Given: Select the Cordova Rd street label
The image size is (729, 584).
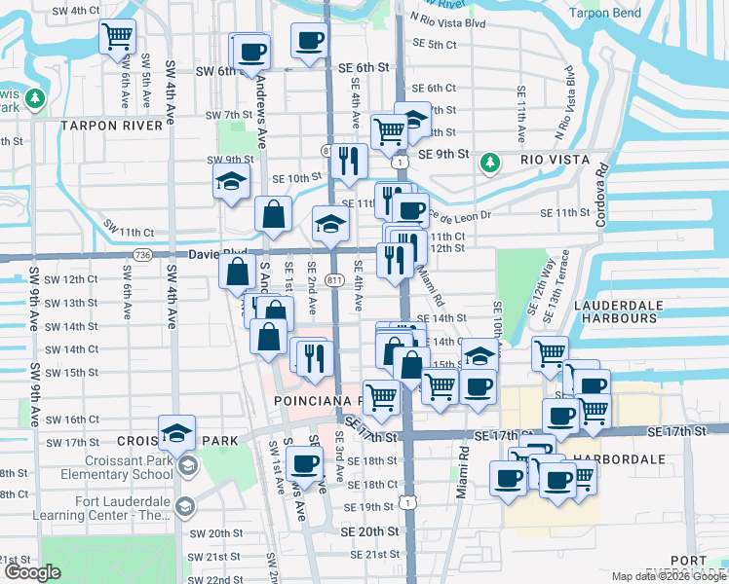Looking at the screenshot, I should coord(601,195).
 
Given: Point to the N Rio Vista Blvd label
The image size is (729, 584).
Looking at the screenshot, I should coord(449,18).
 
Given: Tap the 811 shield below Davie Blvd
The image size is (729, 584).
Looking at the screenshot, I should coord(335,280).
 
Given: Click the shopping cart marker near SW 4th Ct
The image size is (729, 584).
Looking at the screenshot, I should coord(117,37).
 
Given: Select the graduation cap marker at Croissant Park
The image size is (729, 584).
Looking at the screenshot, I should coord(176,432).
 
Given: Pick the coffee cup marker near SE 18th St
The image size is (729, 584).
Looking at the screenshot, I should coord(305,463).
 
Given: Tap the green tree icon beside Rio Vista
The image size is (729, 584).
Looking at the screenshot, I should coord(491,161).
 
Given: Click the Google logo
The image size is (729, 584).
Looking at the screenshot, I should coord(31,572).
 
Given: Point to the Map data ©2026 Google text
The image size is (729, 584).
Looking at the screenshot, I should coord(667,576).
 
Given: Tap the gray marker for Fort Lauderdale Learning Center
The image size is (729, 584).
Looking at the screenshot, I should coord(183,505).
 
